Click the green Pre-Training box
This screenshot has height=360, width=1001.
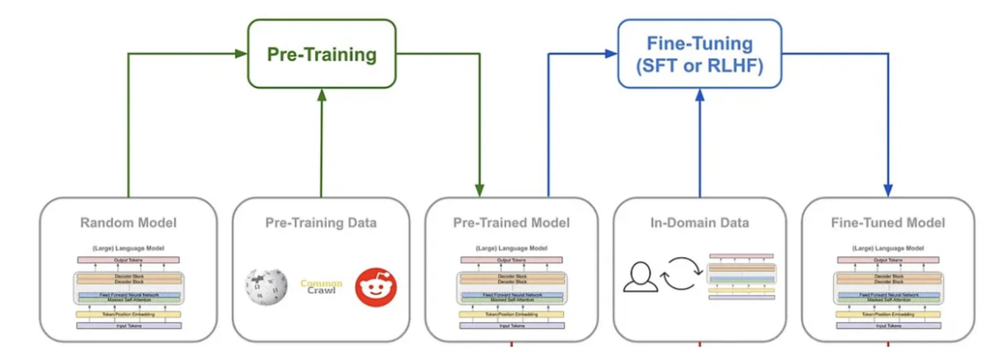click(321, 54)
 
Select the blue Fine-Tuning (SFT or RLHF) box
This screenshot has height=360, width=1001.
click(699, 54)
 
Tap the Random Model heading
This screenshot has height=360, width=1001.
click(128, 223)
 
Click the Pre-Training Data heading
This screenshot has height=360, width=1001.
click(320, 223)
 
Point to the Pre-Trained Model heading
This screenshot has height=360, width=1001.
click(511, 223)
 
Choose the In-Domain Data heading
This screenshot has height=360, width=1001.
click(700, 223)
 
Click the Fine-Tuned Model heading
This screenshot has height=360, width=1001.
click(888, 223)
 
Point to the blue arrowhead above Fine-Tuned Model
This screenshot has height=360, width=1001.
click(888, 190)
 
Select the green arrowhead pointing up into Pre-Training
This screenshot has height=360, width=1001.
click(321, 94)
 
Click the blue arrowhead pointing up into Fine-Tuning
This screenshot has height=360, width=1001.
click(699, 94)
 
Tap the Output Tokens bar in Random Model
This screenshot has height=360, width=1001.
click(128, 260)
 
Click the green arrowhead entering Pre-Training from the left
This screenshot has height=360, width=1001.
click(242, 54)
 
